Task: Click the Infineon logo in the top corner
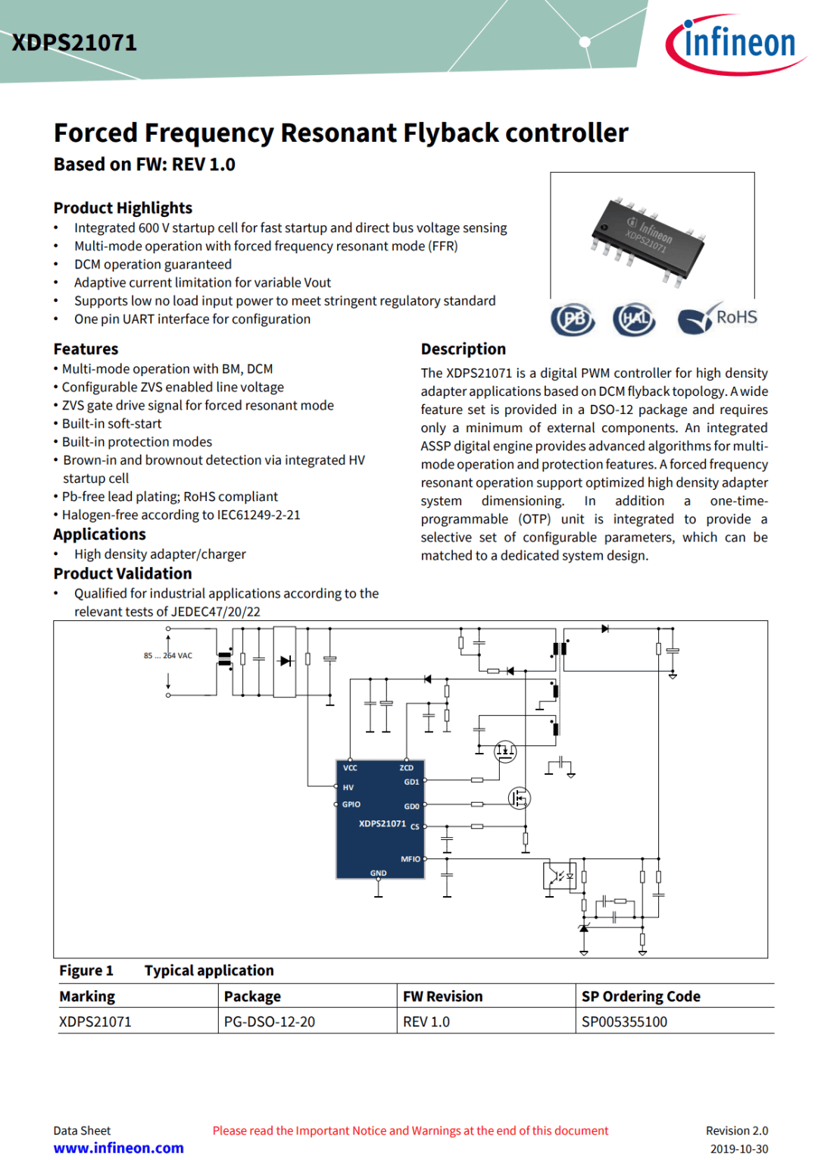click(x=735, y=44)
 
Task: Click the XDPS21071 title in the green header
click(x=74, y=42)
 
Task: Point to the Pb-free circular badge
click(x=573, y=319)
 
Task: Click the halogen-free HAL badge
click(x=634, y=319)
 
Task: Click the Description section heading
click(x=463, y=349)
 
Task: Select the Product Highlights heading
click(x=123, y=208)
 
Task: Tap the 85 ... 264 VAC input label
click(x=168, y=656)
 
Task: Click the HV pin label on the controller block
click(x=348, y=788)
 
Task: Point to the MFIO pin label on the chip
click(x=410, y=859)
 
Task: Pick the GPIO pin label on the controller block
click(x=351, y=804)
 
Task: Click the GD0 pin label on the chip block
click(x=411, y=807)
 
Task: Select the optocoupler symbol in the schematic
click(x=559, y=876)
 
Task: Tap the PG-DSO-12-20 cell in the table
click(x=270, y=1021)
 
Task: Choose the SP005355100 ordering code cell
click(x=624, y=1021)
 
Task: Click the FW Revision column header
click(x=442, y=996)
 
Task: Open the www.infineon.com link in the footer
click(x=118, y=1148)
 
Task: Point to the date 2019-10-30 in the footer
click(x=738, y=1149)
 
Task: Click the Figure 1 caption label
click(x=86, y=970)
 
